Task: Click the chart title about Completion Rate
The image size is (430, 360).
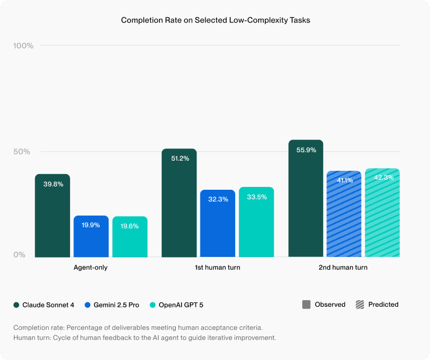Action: tap(216, 20)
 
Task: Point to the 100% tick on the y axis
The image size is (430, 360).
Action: tap(23, 45)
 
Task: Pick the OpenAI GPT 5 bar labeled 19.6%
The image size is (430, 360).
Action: tap(129, 237)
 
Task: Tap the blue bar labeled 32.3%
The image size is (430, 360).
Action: tap(217, 224)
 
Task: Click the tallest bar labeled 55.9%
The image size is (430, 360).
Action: tap(306, 199)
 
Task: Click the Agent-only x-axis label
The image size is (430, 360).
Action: tap(91, 268)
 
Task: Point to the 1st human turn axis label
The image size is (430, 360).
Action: tap(217, 268)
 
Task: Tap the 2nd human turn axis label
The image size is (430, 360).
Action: tap(343, 268)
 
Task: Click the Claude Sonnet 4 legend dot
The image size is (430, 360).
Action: tap(16, 305)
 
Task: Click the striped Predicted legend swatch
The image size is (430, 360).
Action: tap(359, 305)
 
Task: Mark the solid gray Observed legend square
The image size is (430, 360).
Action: tap(306, 305)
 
